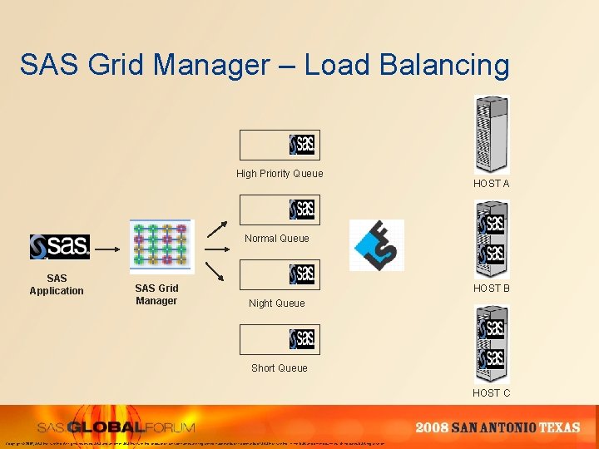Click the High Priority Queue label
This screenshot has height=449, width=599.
point(280,173)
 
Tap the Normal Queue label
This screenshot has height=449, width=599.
point(276,239)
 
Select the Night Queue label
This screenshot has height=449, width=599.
point(276,303)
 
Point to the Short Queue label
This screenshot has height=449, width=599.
point(279,368)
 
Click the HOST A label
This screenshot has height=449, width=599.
point(491,184)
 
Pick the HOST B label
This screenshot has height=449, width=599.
point(491,288)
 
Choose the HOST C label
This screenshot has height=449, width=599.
point(491,392)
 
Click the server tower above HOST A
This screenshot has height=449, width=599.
point(491,134)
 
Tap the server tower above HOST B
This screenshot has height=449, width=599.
point(491,239)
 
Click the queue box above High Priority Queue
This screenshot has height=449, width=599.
point(279,145)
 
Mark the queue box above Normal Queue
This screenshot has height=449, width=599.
point(279,210)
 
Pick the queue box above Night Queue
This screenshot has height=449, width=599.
point(279,274)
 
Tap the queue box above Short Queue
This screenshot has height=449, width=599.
point(279,339)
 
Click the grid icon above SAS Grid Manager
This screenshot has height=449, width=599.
point(161,246)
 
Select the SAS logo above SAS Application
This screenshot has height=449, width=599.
point(59,246)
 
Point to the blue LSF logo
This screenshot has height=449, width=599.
point(376,245)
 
